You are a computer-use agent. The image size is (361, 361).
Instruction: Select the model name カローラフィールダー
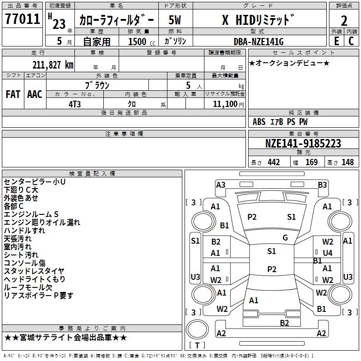116,20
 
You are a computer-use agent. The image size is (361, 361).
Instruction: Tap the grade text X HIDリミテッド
258,20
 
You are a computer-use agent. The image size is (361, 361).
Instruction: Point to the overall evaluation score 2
344,20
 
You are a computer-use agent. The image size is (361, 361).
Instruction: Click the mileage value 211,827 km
53,65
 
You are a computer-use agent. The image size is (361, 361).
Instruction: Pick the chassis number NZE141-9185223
303,143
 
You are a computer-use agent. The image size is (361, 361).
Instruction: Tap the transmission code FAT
13,94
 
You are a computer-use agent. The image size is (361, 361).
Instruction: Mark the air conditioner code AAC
35,94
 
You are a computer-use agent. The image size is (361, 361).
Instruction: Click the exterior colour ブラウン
97,85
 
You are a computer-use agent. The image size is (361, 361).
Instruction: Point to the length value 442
273,162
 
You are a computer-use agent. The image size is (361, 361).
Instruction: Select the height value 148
347,162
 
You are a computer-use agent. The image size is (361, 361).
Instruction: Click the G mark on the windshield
285,238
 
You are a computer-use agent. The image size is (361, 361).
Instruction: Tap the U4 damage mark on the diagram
328,253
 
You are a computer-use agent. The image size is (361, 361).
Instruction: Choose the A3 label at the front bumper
221,185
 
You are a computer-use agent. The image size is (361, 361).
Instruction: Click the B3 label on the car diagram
322,185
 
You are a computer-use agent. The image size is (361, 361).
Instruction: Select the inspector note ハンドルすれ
24,230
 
